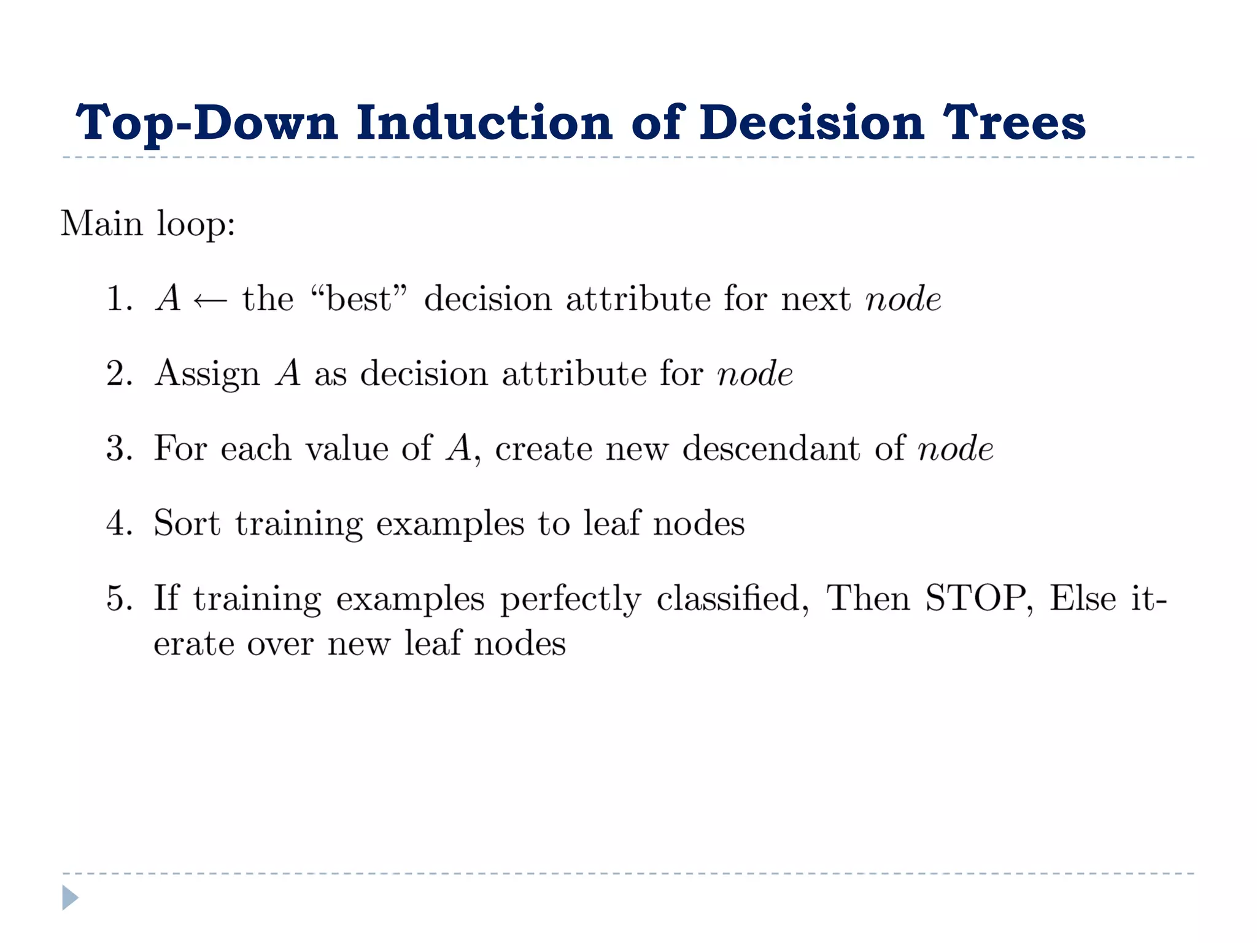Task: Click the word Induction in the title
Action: click(x=484, y=122)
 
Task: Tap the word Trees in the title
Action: click(x=1013, y=122)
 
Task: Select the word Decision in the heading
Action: click(x=811, y=122)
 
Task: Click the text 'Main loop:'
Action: click(x=148, y=223)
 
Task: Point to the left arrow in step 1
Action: click(x=210, y=300)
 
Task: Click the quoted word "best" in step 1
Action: click(x=358, y=299)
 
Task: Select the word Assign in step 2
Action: click(x=207, y=374)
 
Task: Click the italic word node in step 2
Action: click(x=754, y=374)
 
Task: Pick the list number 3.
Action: click(x=118, y=449)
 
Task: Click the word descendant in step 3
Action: click(x=772, y=449)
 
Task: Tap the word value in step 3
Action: click(x=347, y=449)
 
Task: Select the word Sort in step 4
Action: click(x=187, y=524)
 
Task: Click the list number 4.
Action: click(x=118, y=524)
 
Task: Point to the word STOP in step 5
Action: click(x=976, y=598)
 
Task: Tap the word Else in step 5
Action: click(x=1082, y=598)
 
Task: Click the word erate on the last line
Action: click(x=193, y=644)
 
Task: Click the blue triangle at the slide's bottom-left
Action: click(x=69, y=898)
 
